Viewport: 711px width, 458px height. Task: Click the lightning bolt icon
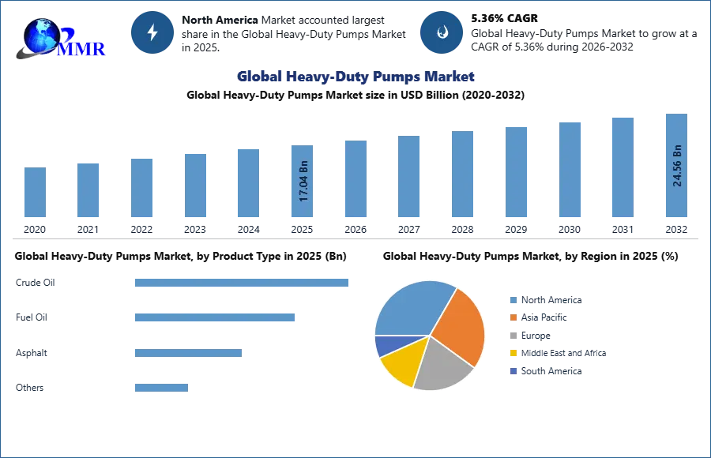[152, 32]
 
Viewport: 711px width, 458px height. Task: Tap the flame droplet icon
[442, 32]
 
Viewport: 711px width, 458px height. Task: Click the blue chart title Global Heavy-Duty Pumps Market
[355, 77]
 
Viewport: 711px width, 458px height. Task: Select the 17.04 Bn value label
[303, 182]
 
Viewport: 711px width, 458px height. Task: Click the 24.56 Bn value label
[677, 166]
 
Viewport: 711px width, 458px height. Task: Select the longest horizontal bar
[243, 283]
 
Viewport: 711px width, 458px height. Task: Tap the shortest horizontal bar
[161, 386]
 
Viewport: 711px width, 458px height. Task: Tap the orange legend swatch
[513, 317]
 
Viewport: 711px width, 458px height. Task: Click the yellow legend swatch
[513, 353]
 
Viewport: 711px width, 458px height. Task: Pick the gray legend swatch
[513, 336]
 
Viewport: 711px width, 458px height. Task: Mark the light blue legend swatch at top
[513, 300]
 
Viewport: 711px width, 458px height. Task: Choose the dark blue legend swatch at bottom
[513, 371]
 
